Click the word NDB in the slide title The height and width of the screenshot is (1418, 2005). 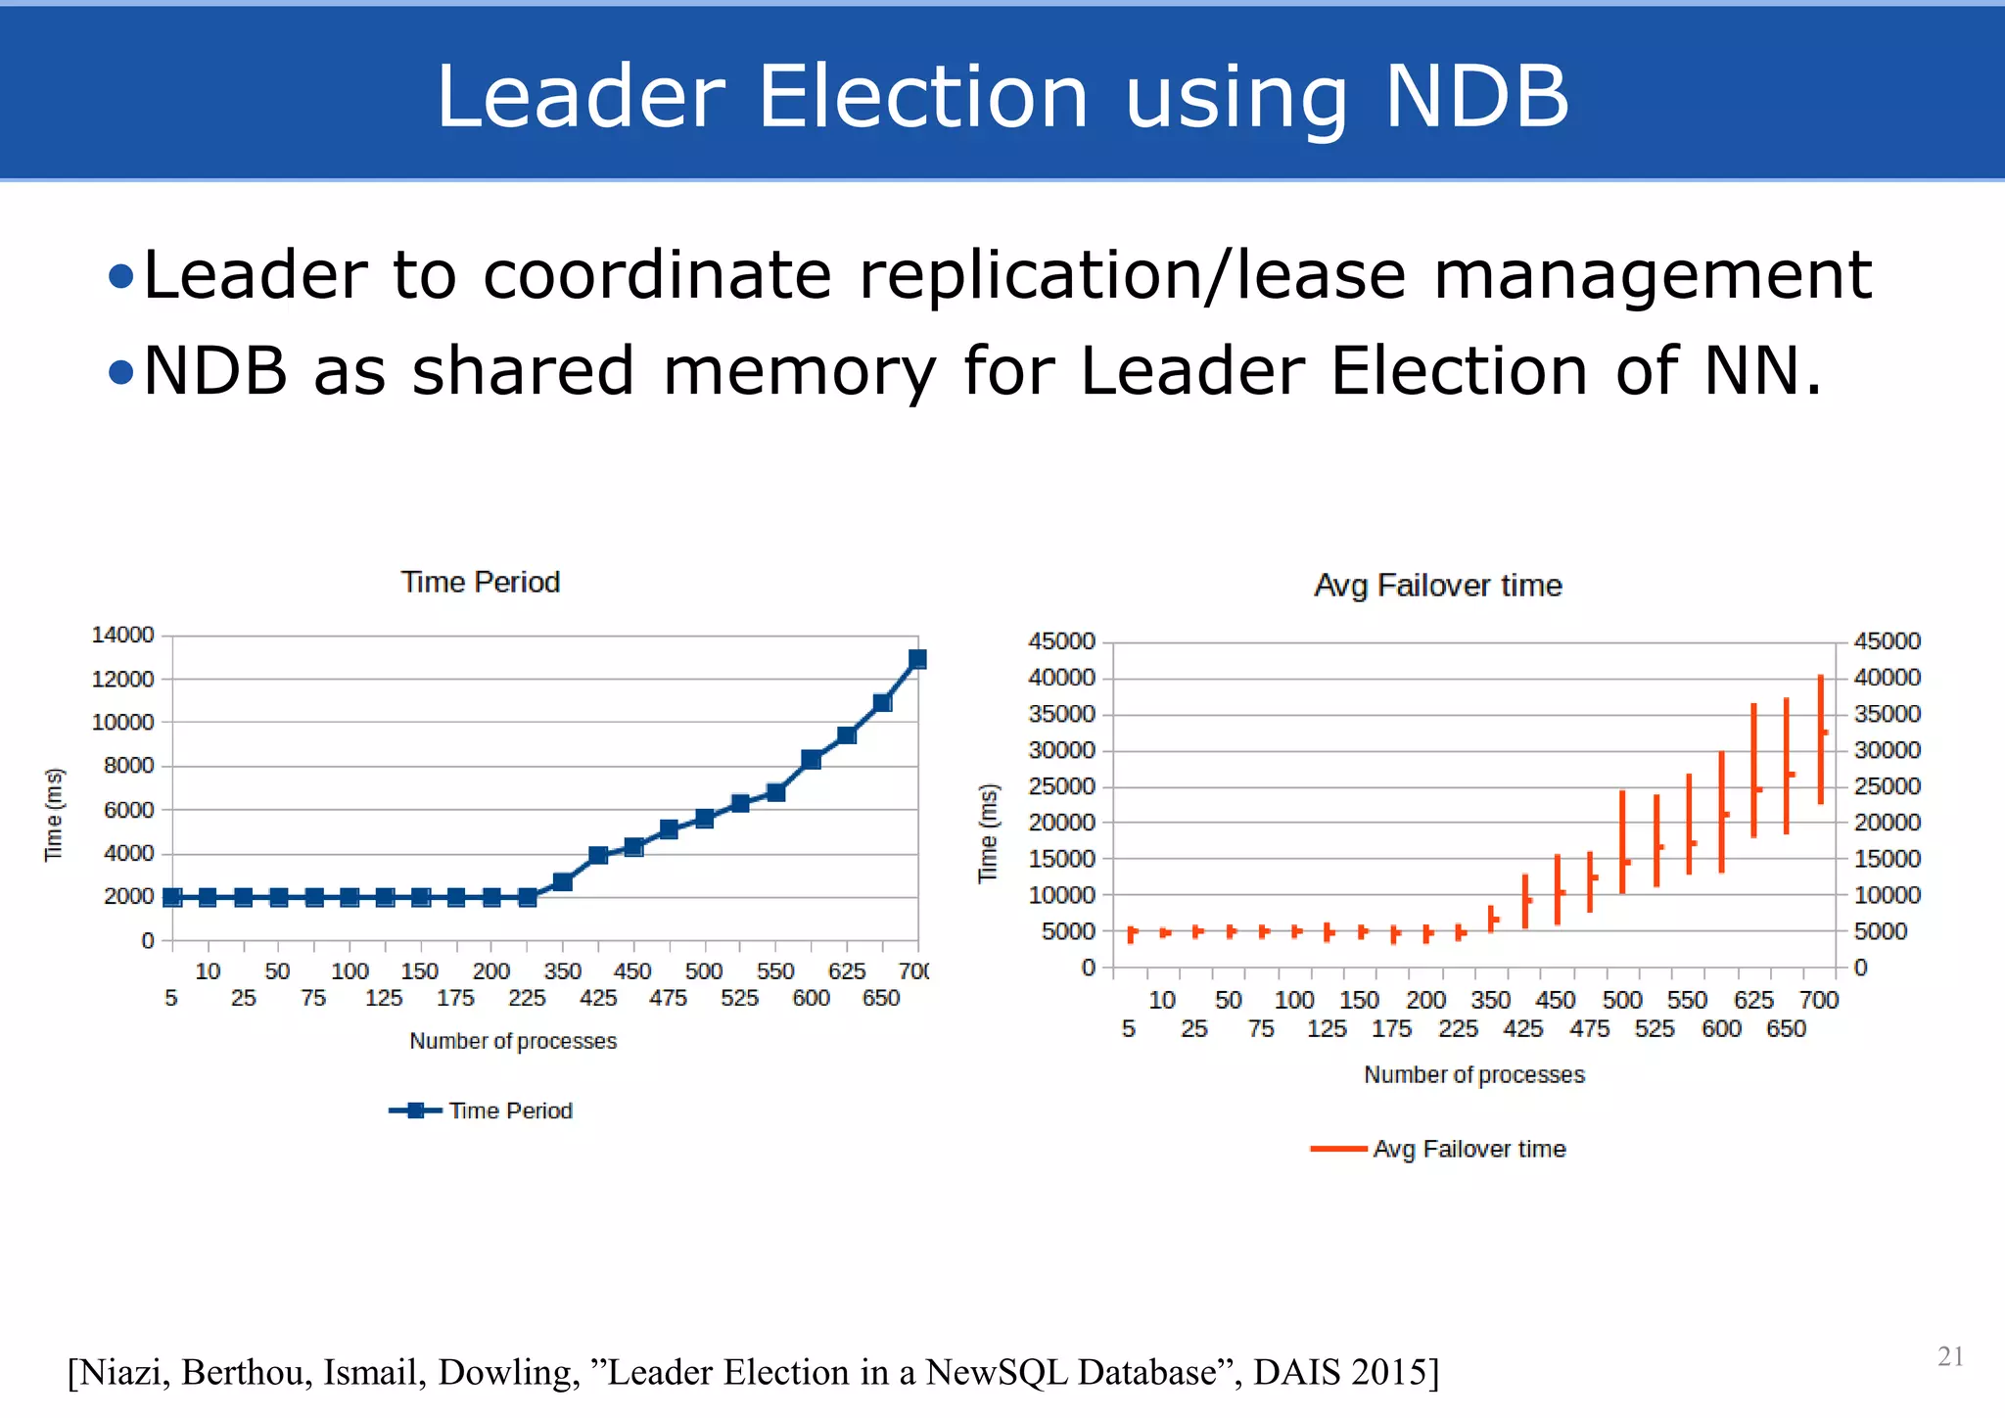pos(1476,96)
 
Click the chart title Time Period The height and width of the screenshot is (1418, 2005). pos(480,582)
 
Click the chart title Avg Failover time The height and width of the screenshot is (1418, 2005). pos(1437,586)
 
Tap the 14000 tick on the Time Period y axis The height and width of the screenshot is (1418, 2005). pos(122,635)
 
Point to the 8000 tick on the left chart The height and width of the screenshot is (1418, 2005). pos(128,766)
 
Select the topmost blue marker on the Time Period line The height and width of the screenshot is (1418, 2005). pos(917,659)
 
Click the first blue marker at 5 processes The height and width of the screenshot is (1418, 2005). pos(172,897)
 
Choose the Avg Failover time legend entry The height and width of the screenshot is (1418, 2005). pos(1439,1149)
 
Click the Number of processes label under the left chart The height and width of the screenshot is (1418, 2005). pos(513,1041)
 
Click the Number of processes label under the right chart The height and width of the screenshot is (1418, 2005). pos(1473,1075)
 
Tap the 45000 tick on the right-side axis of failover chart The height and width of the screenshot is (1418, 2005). pos(1887,641)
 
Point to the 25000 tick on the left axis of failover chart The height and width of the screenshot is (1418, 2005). pos(1061,786)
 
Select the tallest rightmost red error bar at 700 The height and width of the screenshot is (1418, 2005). pos(1820,738)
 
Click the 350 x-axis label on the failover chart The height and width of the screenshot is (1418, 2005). pos(1490,1000)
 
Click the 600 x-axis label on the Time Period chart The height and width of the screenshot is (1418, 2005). pos(811,998)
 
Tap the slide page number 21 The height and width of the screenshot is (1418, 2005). pos(1950,1356)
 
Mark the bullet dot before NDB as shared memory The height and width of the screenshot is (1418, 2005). pos(120,372)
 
